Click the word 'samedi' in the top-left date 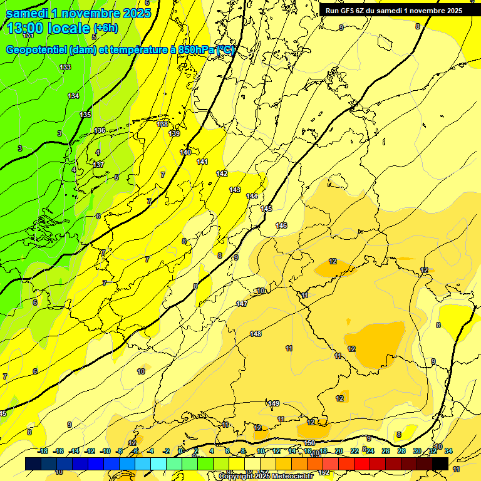pyautogui.click(x=28, y=13)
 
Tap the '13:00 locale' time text pyautogui.click(x=48, y=28)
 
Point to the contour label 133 pyautogui.click(x=65, y=67)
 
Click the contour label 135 pyautogui.click(x=85, y=115)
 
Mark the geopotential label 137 pyautogui.click(x=98, y=164)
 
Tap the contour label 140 pyautogui.click(x=185, y=152)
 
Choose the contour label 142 pyautogui.click(x=222, y=173)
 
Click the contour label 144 pyautogui.click(x=252, y=196)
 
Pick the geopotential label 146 pyautogui.click(x=281, y=225)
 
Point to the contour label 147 pyautogui.click(x=242, y=304)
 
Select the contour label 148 pyautogui.click(x=256, y=334)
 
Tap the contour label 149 pyautogui.click(x=274, y=403)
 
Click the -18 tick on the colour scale pyautogui.click(x=43, y=451)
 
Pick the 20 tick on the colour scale pyautogui.click(x=339, y=451)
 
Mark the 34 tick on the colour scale pyautogui.click(x=448, y=451)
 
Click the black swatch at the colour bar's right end pyautogui.click(x=440, y=463)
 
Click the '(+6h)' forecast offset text pyautogui.click(x=105, y=28)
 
